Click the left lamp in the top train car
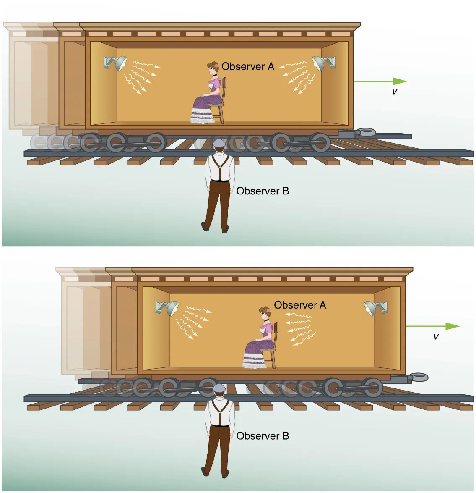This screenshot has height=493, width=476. pyautogui.click(x=117, y=63)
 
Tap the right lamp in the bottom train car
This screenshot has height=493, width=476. pyautogui.click(x=374, y=308)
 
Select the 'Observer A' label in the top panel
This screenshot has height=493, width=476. pyautogui.click(x=247, y=66)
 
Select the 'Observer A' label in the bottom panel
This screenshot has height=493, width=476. pyautogui.click(x=300, y=305)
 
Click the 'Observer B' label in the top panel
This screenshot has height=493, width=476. pyautogui.click(x=263, y=191)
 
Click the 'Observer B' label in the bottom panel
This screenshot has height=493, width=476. pyautogui.click(x=263, y=436)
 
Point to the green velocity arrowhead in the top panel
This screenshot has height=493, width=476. pyautogui.click(x=400, y=81)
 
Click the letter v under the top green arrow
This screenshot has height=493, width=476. pyautogui.click(x=394, y=92)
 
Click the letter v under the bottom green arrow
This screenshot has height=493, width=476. pyautogui.click(x=436, y=336)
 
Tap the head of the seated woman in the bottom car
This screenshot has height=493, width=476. pyautogui.click(x=265, y=312)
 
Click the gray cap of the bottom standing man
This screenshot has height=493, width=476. pyautogui.click(x=219, y=388)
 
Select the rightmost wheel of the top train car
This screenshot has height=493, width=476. pyautogui.click(x=320, y=142)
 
